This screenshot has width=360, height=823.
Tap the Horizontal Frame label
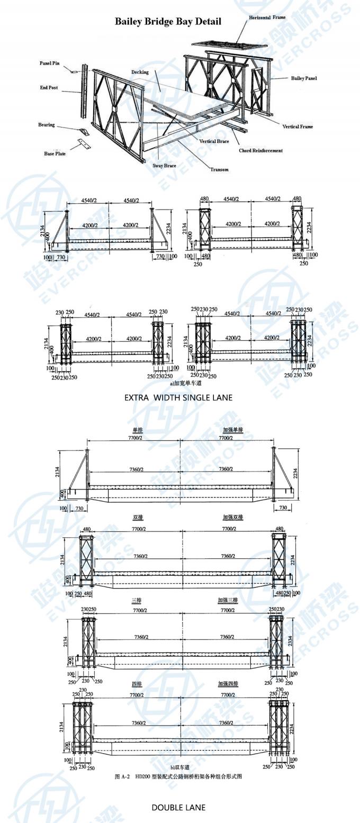coord(267,17)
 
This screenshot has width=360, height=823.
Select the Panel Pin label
coord(50,63)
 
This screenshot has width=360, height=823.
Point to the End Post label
coord(49,88)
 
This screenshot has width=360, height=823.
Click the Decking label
coord(140,72)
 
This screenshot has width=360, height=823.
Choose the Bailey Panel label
coord(304,78)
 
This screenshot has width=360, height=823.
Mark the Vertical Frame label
coord(297,126)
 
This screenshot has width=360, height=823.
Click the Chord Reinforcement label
coord(260,150)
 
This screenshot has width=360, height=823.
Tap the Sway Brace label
coord(164,166)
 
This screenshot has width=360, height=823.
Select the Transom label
coord(219,169)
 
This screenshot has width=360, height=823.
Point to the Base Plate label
coord(55,153)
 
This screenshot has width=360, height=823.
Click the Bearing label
coord(46,125)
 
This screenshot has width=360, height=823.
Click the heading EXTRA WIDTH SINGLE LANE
coord(178,397)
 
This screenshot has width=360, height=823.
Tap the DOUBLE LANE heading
coord(178,807)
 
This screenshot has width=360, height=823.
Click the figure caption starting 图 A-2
coord(178,776)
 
